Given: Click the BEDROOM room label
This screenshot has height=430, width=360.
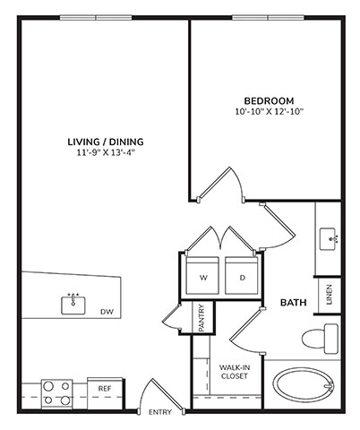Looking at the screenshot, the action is (269, 100).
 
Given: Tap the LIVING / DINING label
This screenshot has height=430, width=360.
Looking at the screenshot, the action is (106, 142).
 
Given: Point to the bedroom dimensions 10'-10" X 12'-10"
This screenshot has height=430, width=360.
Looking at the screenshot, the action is (269, 112).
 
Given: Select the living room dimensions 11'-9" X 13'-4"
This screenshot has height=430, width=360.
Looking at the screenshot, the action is (106, 153).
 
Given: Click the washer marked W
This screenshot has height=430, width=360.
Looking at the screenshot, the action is (202, 275).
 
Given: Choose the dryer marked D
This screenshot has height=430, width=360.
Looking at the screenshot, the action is (242, 275).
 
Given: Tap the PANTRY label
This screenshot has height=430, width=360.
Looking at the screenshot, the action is (201, 318).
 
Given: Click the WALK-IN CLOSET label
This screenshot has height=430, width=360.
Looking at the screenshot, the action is (235, 372).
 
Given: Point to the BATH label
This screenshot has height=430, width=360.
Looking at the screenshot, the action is (294, 303).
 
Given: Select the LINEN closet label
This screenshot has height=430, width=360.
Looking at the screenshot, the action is (330, 295).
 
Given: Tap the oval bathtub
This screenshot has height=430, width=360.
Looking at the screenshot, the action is (304, 386).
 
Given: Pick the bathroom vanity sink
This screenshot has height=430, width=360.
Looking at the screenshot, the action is (328, 239).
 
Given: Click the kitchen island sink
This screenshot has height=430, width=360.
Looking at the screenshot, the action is (73, 305).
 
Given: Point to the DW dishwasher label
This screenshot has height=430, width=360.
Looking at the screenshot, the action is (107, 312).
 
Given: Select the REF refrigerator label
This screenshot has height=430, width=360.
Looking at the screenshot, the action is (105, 389).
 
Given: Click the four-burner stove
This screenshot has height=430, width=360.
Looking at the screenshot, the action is (56, 393).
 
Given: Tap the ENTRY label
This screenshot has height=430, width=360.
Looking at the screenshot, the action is (160, 412).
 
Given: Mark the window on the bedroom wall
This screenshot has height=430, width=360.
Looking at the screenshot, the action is (268, 18).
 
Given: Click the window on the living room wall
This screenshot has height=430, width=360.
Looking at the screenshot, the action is (96, 18).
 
